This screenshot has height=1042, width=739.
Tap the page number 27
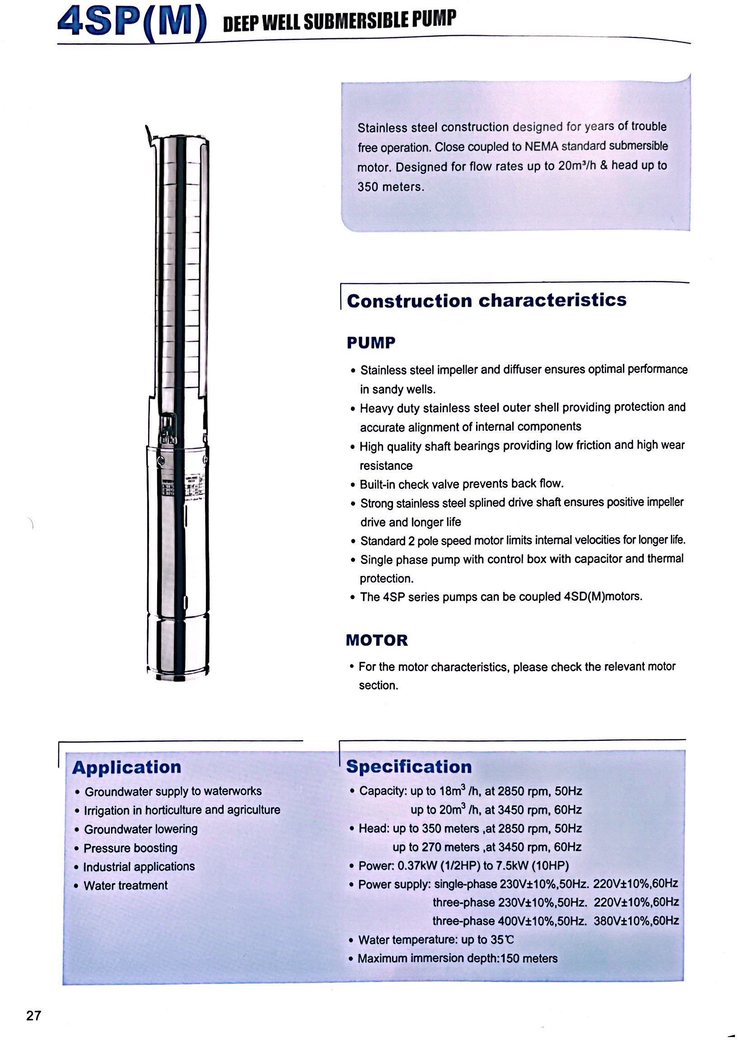(34, 1016)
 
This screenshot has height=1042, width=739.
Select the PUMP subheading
(371, 343)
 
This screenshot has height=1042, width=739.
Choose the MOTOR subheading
(377, 640)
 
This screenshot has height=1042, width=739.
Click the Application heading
(127, 768)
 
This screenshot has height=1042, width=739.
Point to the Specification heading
(409, 767)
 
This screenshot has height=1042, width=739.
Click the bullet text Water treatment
(126, 885)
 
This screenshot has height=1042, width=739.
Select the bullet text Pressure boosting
(131, 848)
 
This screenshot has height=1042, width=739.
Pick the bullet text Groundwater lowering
(141, 829)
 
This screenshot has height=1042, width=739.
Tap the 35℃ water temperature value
(502, 940)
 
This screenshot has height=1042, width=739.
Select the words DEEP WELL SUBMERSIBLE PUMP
(339, 20)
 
